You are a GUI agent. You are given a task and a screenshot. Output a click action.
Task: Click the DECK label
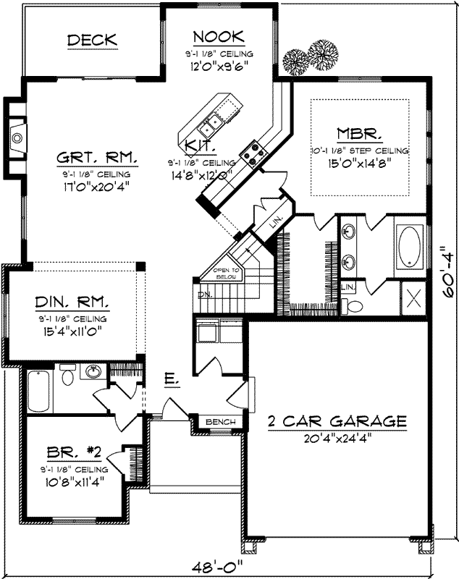click(92, 41)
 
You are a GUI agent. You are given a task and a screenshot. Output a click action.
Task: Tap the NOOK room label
click(218, 37)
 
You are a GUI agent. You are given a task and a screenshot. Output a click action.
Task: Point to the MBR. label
click(360, 134)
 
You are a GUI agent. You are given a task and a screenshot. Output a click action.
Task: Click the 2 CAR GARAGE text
click(337, 420)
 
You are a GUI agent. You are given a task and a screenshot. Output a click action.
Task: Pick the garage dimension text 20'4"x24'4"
click(337, 436)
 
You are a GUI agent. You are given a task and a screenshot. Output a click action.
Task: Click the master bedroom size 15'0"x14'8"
click(360, 164)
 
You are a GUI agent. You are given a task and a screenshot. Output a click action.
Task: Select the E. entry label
click(170, 379)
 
